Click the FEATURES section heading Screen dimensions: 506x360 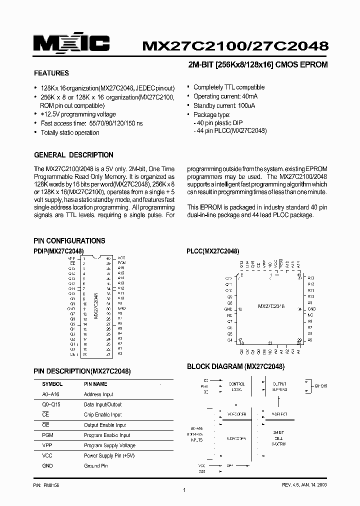(51, 73)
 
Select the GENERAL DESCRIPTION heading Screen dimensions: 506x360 (73, 155)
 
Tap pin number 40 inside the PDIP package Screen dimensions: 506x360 (108, 258)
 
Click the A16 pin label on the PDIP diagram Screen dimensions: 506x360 (120, 268)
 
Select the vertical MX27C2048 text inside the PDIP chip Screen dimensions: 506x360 (95, 306)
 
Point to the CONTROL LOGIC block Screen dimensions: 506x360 (236, 386)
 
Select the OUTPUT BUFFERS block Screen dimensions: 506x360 (279, 386)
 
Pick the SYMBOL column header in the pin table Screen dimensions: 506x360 (52, 384)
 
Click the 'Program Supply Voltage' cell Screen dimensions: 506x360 (109, 445)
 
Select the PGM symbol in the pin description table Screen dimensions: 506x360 (47, 435)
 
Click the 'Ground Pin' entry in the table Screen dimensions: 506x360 (96, 466)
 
